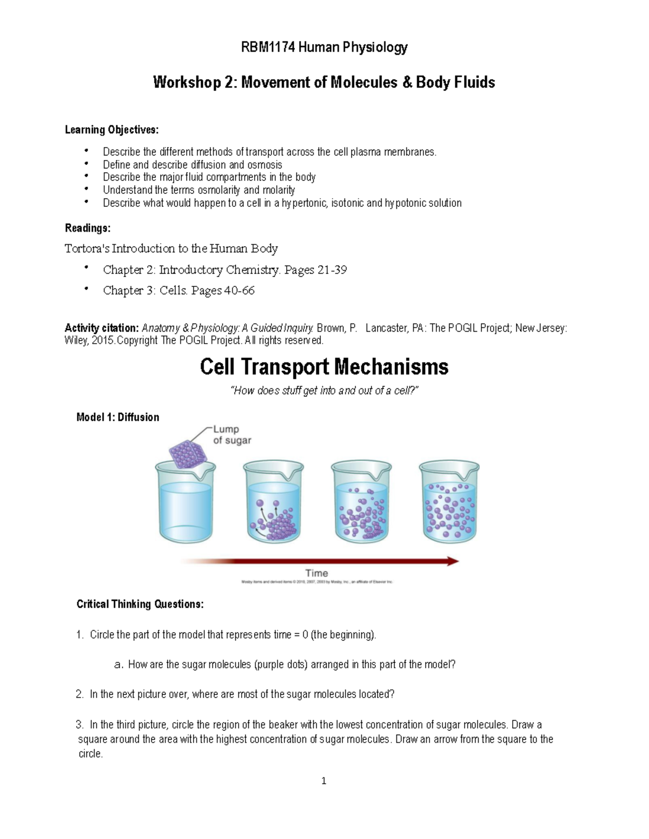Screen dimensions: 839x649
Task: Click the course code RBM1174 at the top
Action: (268, 48)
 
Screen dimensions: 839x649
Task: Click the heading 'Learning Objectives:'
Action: (112, 130)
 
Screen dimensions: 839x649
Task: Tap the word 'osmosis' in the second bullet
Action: (264, 165)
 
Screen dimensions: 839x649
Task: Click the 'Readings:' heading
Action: (88, 228)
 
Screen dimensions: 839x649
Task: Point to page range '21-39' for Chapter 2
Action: (332, 270)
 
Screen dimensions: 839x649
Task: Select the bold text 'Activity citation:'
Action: (102, 328)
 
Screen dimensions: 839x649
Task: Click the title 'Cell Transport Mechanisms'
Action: (324, 367)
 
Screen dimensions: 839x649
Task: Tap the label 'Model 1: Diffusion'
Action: (118, 417)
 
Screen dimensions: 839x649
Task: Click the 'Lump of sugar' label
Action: (231, 435)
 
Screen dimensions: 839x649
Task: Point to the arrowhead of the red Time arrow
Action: (453, 561)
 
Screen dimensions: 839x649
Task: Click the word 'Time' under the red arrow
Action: (316, 573)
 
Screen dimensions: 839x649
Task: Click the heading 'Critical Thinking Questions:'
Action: (140, 605)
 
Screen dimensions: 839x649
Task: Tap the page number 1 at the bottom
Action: (323, 781)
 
